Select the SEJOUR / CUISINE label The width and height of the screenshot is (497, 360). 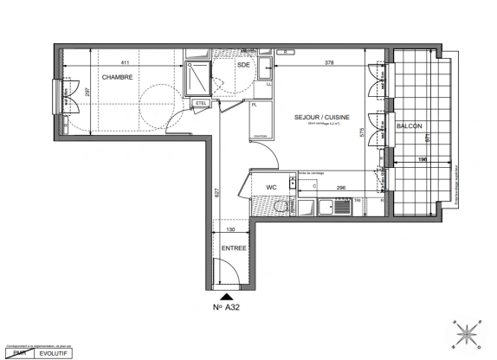pyautogui.click(x=314, y=118)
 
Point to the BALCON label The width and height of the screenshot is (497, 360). pyautogui.click(x=410, y=126)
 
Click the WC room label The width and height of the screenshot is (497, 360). pyautogui.click(x=271, y=186)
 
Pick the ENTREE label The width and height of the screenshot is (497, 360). pyautogui.click(x=234, y=248)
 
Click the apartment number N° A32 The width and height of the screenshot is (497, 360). pyautogui.click(x=227, y=307)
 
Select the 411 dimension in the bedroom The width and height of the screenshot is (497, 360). pyautogui.click(x=125, y=62)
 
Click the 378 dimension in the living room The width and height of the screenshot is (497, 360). pyautogui.click(x=328, y=62)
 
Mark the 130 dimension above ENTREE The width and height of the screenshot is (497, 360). pyautogui.click(x=229, y=231)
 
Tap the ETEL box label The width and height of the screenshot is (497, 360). pyautogui.click(x=202, y=104)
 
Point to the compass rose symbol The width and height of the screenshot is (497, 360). pyautogui.click(x=467, y=333)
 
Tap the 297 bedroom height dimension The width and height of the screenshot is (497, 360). pyautogui.click(x=87, y=92)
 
